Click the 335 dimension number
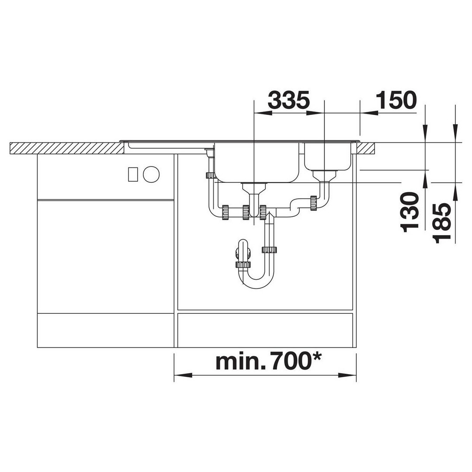point(288,100)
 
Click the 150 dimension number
point(396,100)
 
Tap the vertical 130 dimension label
point(410,212)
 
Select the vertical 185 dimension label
point(442,223)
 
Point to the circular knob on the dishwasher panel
point(151,174)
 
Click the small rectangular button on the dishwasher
point(133,174)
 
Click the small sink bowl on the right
point(327,156)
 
